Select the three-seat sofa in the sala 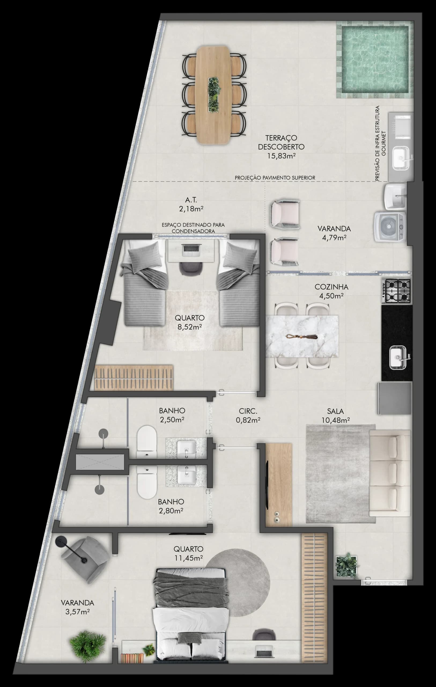pyautogui.click(x=389, y=473)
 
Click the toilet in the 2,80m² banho pyautogui.click(x=147, y=482)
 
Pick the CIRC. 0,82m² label pyautogui.click(x=248, y=415)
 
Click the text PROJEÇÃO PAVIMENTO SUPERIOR pyautogui.click(x=275, y=178)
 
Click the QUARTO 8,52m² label pyautogui.click(x=190, y=322)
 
